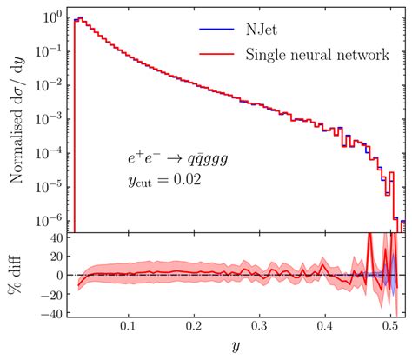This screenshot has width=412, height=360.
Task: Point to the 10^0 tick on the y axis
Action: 51,17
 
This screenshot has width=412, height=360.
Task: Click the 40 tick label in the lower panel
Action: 52,237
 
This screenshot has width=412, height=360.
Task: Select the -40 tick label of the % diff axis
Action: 48,312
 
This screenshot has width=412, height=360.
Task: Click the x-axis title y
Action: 234,347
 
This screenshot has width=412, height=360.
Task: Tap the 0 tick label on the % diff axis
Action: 56,275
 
